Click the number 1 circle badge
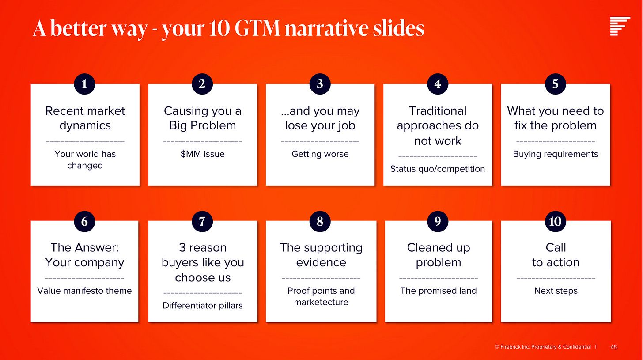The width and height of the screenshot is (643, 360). (x=84, y=84)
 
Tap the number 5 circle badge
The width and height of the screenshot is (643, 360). (x=555, y=84)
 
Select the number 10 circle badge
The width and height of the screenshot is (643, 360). (x=555, y=221)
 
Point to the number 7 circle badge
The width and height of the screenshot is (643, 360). (x=202, y=221)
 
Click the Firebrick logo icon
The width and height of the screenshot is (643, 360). (x=620, y=26)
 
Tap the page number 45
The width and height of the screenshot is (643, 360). (x=614, y=347)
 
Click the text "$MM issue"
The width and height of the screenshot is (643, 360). (x=202, y=154)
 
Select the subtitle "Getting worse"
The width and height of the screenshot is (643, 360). (x=320, y=154)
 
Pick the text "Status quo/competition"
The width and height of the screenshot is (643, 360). (x=438, y=169)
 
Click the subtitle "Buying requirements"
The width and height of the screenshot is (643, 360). (x=556, y=154)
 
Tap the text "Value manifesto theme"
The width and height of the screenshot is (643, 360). (x=84, y=291)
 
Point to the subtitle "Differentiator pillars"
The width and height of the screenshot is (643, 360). (x=203, y=306)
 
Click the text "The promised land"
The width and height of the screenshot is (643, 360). (x=439, y=291)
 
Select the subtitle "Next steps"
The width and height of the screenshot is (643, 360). (x=556, y=291)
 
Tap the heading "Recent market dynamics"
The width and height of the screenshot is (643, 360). (x=85, y=118)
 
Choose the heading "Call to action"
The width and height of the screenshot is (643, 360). (x=556, y=255)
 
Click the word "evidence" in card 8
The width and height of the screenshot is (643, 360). (x=321, y=262)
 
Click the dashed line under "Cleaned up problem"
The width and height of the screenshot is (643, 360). (x=439, y=278)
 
